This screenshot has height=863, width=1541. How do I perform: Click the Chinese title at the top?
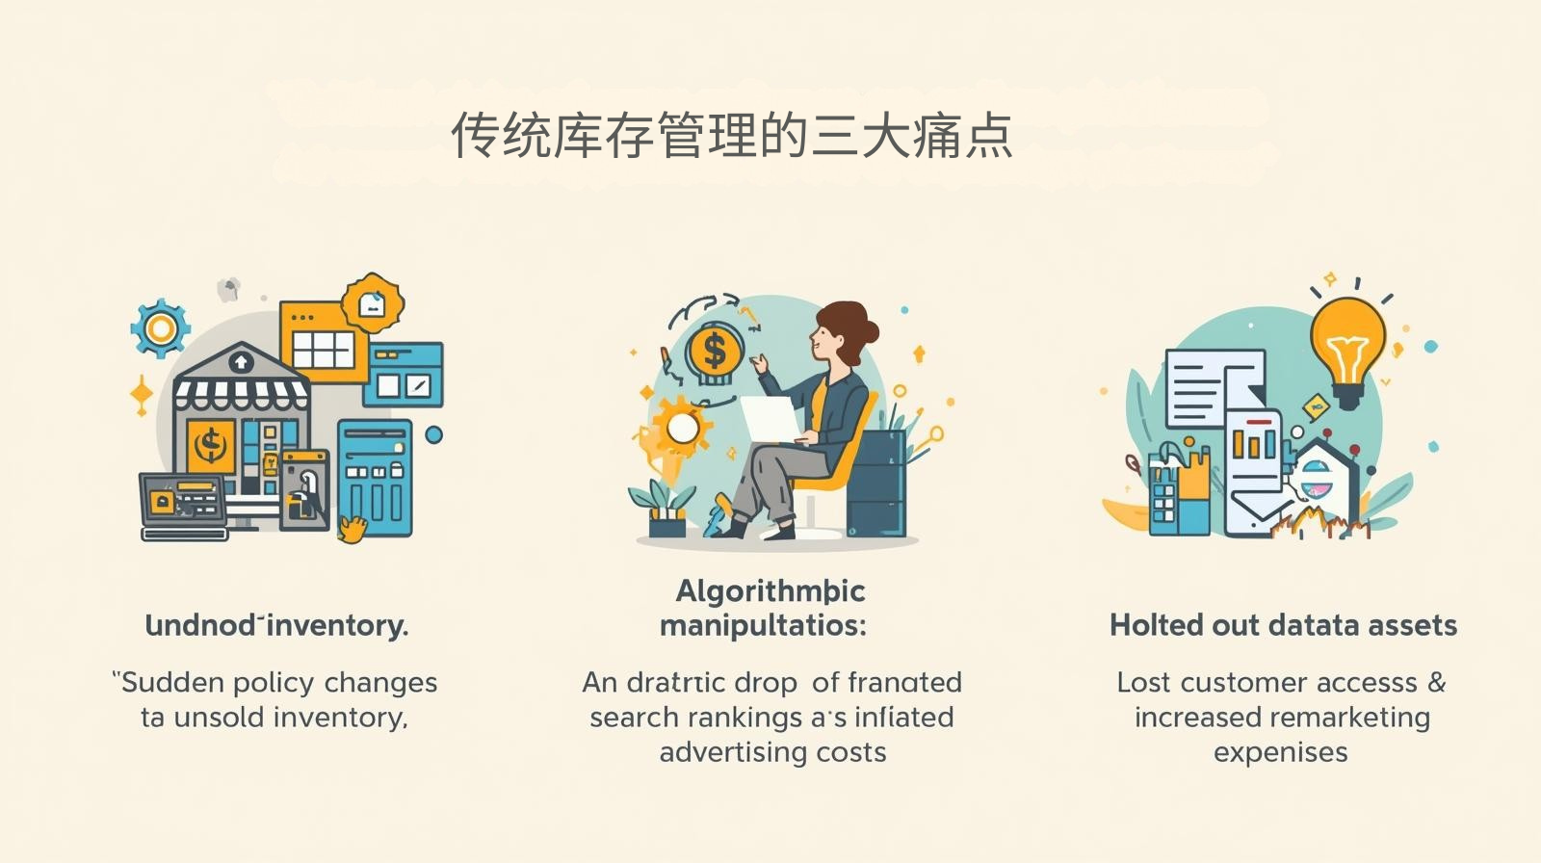pos(732,135)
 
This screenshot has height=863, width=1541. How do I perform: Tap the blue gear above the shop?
pos(160,329)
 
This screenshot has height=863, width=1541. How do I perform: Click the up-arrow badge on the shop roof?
pos(241,362)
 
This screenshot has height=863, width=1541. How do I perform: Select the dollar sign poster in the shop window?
pos(211,446)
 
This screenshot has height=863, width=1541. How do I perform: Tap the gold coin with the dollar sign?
pos(714,351)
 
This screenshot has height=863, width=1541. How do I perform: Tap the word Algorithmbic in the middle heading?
pos(770,590)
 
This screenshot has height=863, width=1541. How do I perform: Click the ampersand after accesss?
pos(1437,683)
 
